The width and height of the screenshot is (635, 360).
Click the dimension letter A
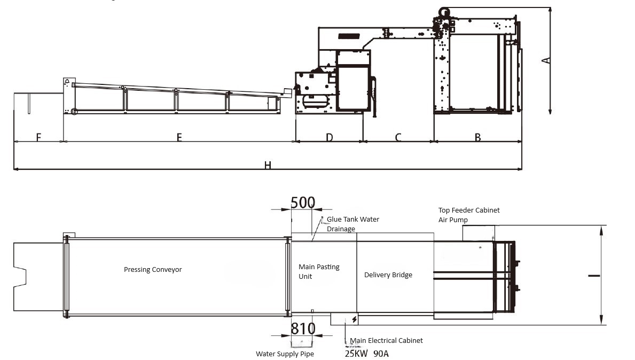click(x=546, y=61)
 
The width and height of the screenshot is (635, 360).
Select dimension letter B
click(x=478, y=137)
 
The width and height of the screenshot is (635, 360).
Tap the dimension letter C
click(x=398, y=137)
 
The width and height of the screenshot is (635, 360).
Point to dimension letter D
click(x=329, y=137)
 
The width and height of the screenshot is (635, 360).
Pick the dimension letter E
click(x=179, y=137)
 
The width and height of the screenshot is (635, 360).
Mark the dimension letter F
click(x=38, y=137)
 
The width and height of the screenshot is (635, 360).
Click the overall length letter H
click(x=267, y=165)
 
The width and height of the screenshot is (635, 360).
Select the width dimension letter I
click(x=594, y=276)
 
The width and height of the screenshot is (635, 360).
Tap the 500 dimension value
click(x=303, y=202)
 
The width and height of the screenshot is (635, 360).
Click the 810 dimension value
click(x=303, y=328)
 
